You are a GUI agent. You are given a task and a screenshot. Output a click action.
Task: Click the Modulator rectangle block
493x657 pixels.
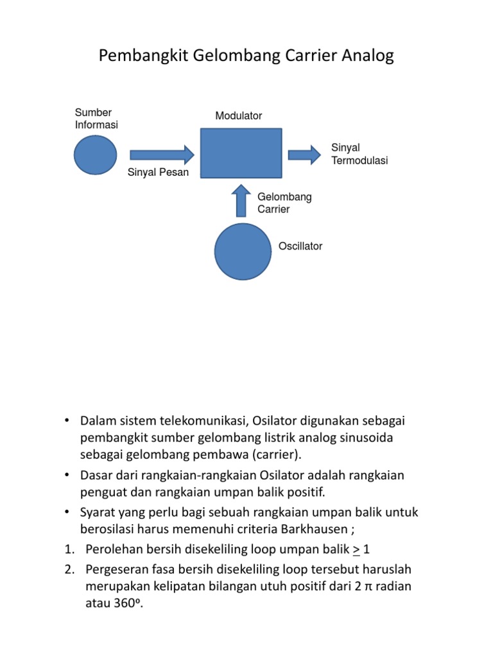[x=241, y=153]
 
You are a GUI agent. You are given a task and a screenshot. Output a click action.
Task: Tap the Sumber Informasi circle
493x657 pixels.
[x=96, y=155]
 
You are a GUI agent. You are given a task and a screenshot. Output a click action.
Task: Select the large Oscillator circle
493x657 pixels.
[x=243, y=252]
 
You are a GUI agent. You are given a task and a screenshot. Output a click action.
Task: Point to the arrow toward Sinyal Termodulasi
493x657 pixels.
[x=304, y=154]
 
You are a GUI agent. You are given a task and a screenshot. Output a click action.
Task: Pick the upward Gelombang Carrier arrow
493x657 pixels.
[x=241, y=200]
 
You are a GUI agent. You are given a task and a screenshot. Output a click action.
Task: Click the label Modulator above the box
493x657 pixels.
[x=239, y=116]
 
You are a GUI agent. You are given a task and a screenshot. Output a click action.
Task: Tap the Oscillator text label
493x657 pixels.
[x=300, y=246]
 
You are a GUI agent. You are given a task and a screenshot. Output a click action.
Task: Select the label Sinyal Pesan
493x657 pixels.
[x=159, y=173]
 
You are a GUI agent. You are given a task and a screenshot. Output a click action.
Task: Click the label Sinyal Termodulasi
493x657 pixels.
[x=359, y=155]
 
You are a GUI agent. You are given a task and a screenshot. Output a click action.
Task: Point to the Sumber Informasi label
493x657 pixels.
[x=96, y=119]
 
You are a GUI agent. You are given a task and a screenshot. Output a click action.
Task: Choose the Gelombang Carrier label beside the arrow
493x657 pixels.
[x=284, y=203]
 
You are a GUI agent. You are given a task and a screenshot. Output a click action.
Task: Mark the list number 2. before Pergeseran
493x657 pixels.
[x=69, y=569]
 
